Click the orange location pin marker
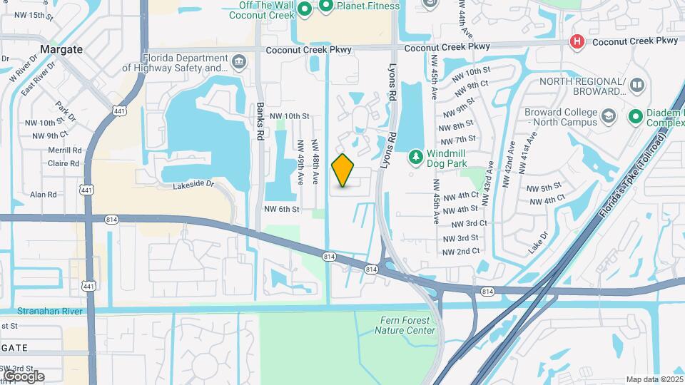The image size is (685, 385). pyautogui.click(x=343, y=170)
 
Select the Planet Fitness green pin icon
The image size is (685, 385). pyautogui.click(x=326, y=7)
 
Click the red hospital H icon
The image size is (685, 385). pyautogui.click(x=576, y=42)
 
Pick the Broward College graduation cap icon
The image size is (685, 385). pyautogui.click(x=608, y=115)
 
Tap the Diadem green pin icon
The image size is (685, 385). pyautogui.click(x=635, y=115)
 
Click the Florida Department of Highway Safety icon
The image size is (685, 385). pyautogui.click(x=238, y=63)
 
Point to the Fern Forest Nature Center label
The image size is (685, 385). pyautogui.click(x=405, y=326)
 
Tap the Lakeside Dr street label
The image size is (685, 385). pyautogui.click(x=193, y=185)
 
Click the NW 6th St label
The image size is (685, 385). pyautogui.click(x=281, y=209)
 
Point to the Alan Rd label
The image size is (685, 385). pyautogui.click(x=43, y=194)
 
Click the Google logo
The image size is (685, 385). pyautogui.click(x=24, y=376)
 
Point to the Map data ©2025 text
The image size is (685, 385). pyautogui.click(x=654, y=379)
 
